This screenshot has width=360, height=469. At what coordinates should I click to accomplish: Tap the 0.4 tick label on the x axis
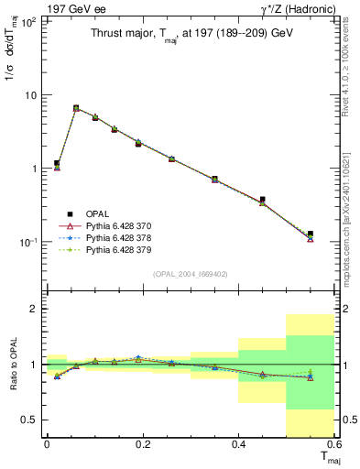[238, 445]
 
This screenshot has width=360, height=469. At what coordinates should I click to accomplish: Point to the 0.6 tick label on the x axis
[333, 445]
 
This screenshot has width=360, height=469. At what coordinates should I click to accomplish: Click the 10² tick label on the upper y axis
[27, 22]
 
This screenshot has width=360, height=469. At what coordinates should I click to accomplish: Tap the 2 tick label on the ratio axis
[34, 309]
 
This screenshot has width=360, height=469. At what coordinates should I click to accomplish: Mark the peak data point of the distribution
[76, 108]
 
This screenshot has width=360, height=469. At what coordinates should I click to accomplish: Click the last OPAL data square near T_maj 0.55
[311, 234]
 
